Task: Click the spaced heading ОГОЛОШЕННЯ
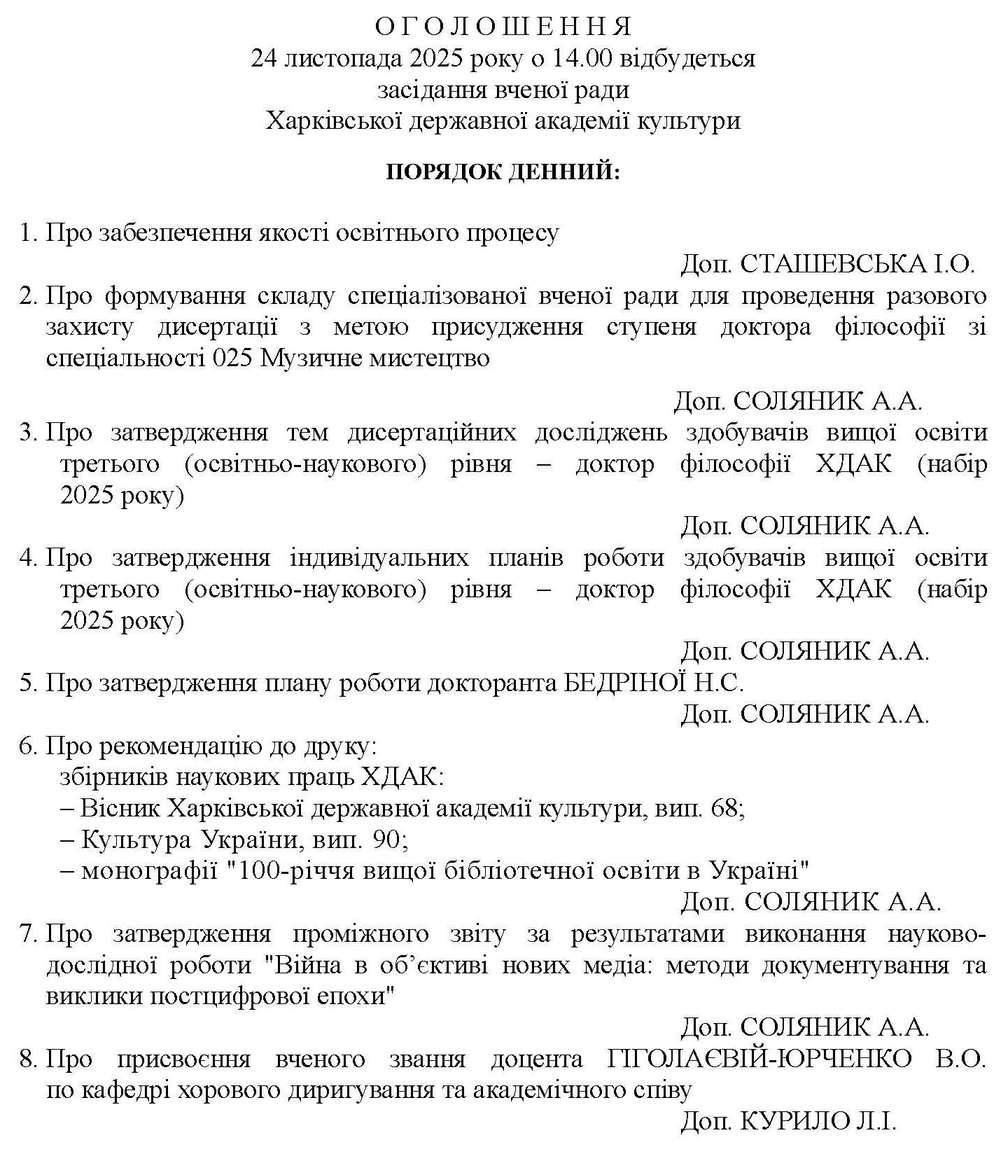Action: tap(503, 27)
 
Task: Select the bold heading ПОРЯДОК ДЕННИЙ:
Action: tap(503, 172)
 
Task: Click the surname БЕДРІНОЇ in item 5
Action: tap(622, 683)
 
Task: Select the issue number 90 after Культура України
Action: tap(386, 839)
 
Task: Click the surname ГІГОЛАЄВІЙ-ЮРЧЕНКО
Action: tap(761, 1059)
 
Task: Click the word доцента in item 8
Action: tap(536, 1059)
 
